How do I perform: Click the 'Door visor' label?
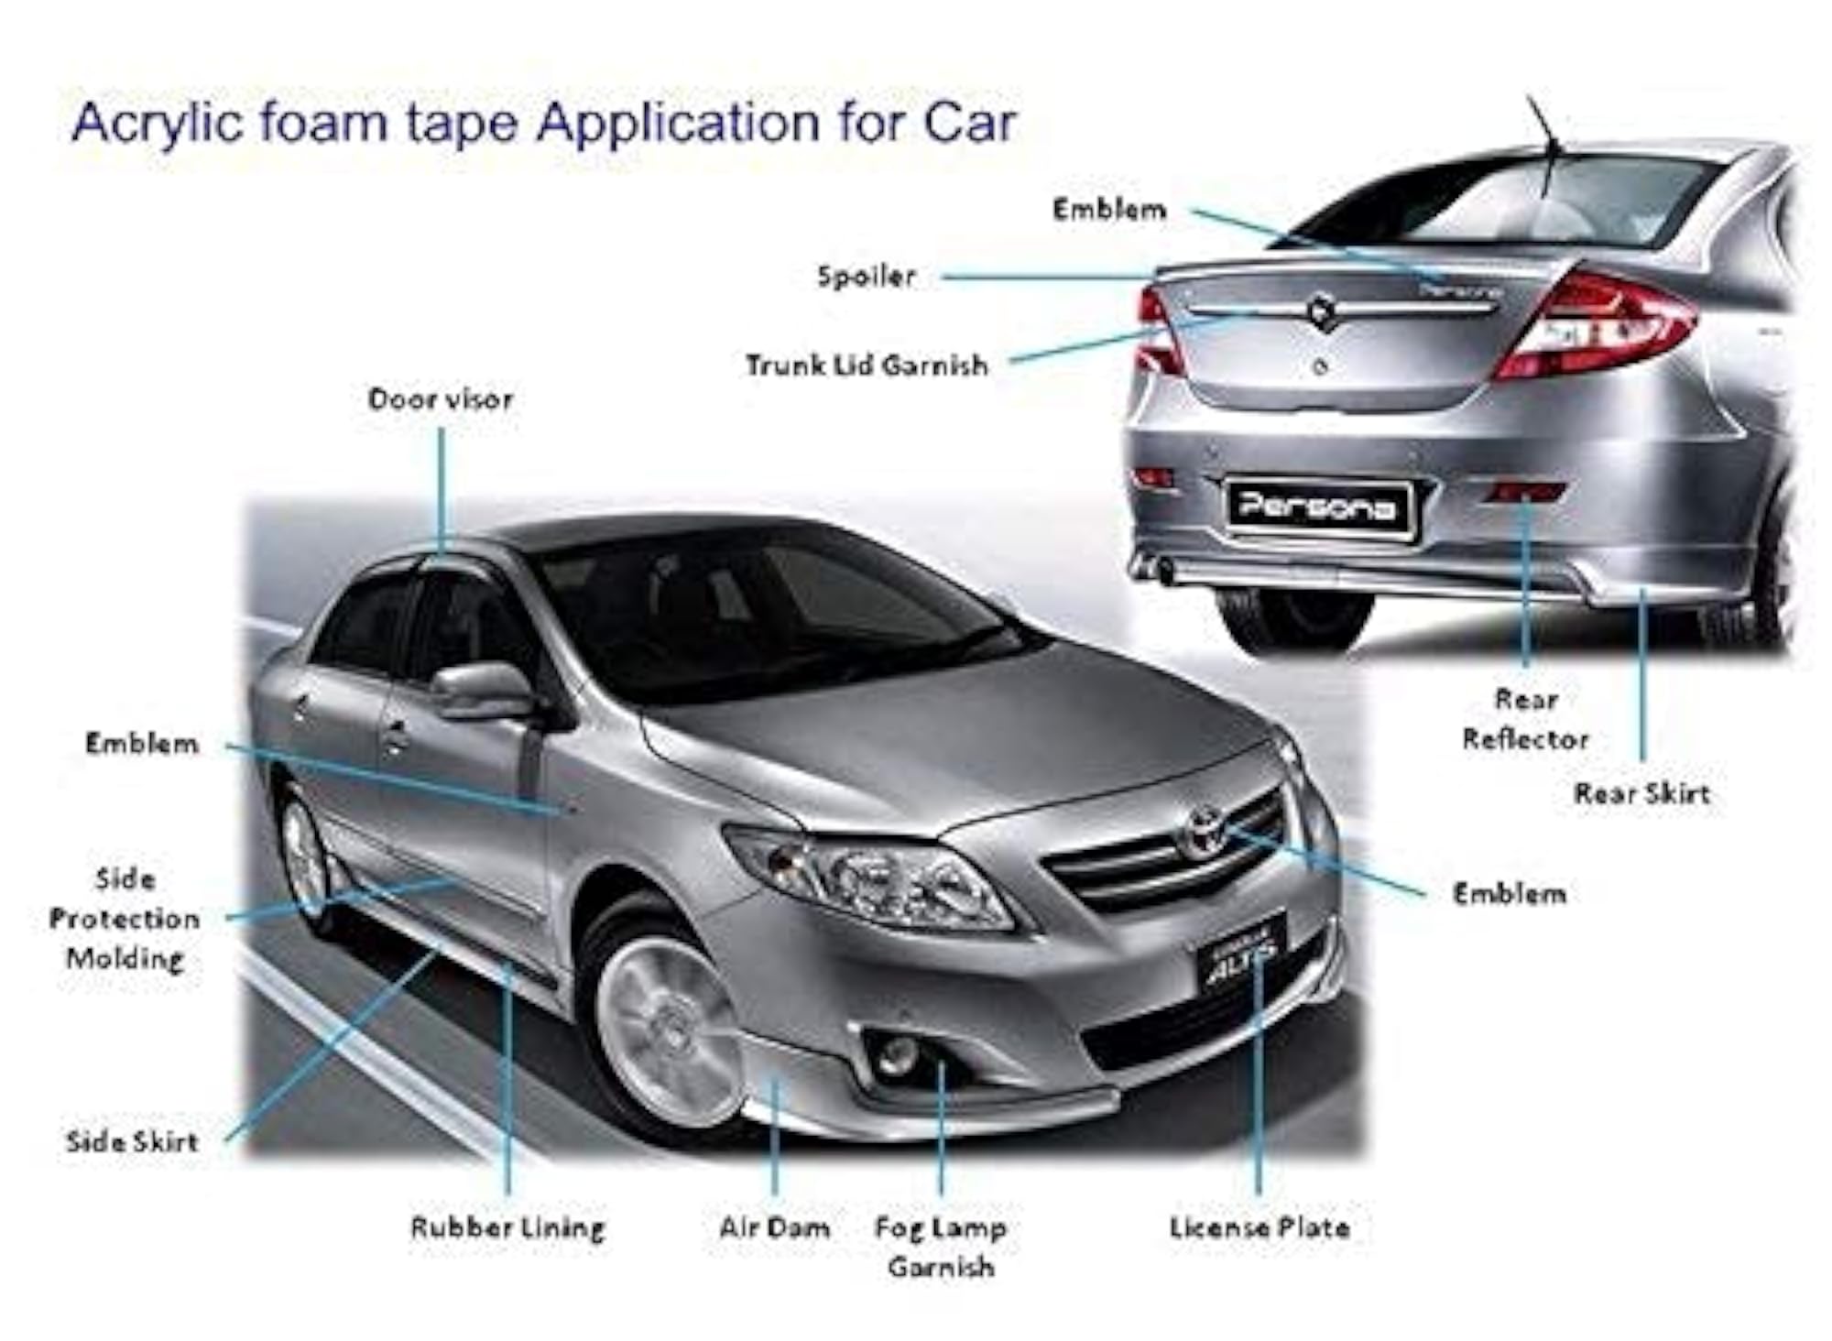pyautogui.click(x=441, y=399)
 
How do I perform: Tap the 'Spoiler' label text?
pyautogui.click(x=867, y=277)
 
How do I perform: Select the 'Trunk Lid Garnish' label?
pyautogui.click(x=867, y=365)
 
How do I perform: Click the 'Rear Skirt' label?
pyautogui.click(x=1642, y=793)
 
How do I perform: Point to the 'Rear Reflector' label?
pyautogui.click(x=1525, y=719)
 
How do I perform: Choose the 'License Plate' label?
pyautogui.click(x=1259, y=1227)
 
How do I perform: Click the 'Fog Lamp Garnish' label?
pyautogui.click(x=941, y=1248)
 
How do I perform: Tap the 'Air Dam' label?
pyautogui.click(x=775, y=1227)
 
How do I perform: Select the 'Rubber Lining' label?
pyautogui.click(x=507, y=1228)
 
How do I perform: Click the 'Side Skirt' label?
pyautogui.click(x=132, y=1141)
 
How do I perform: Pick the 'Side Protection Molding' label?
pyautogui.click(x=125, y=919)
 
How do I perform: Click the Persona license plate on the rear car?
pyautogui.click(x=1319, y=507)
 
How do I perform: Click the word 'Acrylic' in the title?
pyautogui.click(x=159, y=123)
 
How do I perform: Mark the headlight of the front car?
pyautogui.click(x=870, y=878)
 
